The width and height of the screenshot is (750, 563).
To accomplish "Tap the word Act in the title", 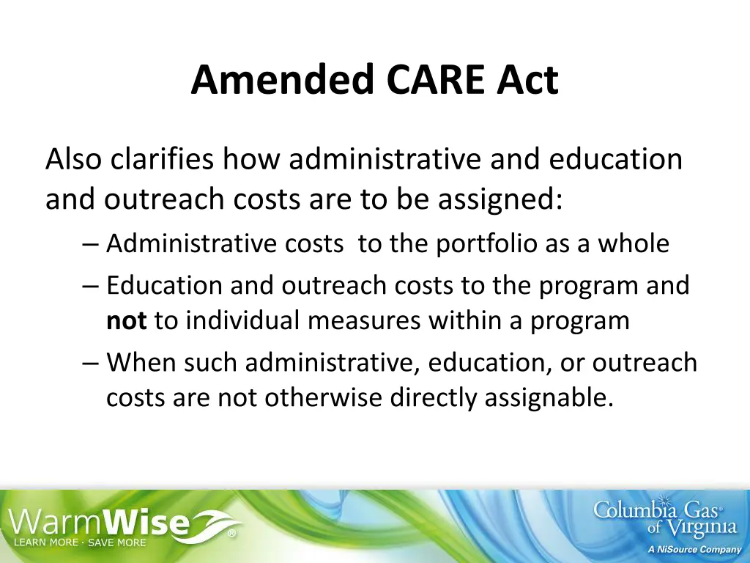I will click(527, 80).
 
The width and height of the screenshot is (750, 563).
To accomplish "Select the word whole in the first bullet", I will click(634, 243).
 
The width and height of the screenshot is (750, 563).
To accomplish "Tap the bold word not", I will click(127, 320).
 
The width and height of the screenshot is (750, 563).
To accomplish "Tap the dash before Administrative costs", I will click(91, 244).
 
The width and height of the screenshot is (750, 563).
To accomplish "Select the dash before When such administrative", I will click(91, 363).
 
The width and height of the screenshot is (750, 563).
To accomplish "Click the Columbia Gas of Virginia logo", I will click(664, 516).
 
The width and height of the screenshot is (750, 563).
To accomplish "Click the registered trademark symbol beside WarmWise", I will click(231, 534).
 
